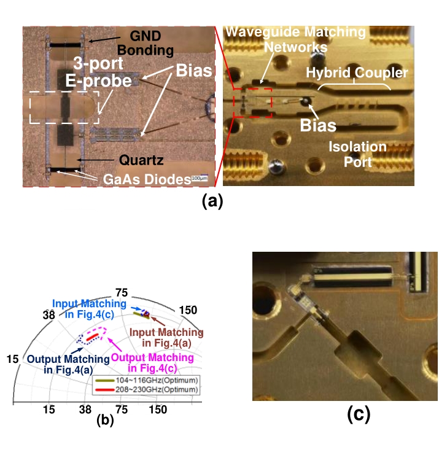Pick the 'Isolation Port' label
pyautogui.click(x=357, y=154)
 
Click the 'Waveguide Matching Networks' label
pyautogui.click(x=295, y=39)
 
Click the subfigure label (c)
pyautogui.click(x=359, y=415)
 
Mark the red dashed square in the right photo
pyautogui.click(x=251, y=102)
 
